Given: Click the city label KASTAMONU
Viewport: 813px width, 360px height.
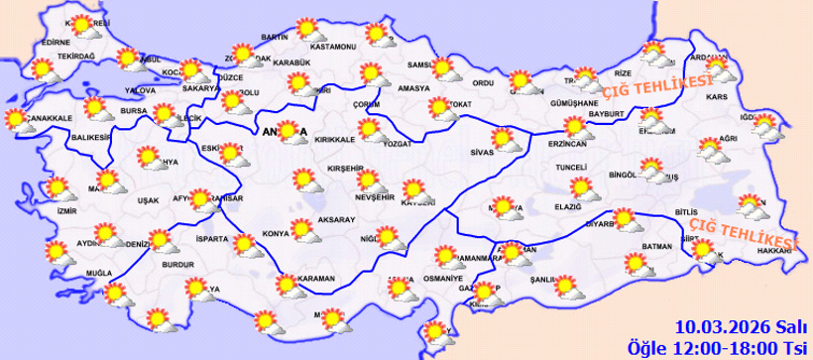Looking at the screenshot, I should (x=332, y=47).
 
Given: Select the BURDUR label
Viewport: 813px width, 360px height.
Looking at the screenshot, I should (x=175, y=267).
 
